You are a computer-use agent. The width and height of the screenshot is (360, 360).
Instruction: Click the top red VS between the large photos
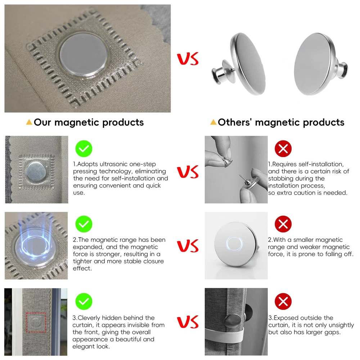[188, 59]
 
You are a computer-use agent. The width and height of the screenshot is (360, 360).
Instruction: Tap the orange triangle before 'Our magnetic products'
[29, 122]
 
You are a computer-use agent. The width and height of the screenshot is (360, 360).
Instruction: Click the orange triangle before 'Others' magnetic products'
[213, 122]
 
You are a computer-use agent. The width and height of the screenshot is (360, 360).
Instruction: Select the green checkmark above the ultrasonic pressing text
[84, 149]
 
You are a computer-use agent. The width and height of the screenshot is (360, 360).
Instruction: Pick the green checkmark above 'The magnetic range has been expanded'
[84, 224]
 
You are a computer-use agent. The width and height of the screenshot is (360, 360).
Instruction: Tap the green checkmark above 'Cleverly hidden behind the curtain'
[84, 301]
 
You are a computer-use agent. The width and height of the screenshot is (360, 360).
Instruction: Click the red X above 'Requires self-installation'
[283, 149]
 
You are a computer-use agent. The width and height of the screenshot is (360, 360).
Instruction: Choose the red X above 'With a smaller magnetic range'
[283, 224]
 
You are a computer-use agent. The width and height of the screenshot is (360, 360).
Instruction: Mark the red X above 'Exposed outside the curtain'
[283, 301]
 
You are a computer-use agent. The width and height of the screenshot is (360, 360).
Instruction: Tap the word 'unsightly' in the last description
[341, 325]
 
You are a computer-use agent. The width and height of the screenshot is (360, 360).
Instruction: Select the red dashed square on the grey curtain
[36, 322]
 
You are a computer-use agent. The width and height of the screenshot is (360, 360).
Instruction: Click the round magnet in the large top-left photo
[84, 55]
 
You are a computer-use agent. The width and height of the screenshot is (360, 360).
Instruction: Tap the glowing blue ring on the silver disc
[234, 244]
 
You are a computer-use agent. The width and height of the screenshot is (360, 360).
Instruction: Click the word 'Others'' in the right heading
[235, 122]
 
